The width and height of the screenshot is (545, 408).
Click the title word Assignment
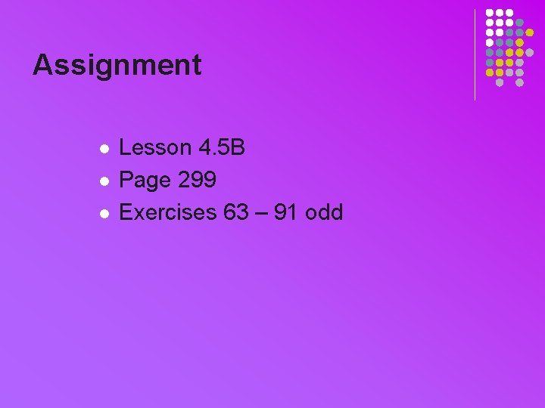pyautogui.click(x=117, y=65)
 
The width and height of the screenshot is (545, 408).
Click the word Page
pyautogui.click(x=145, y=180)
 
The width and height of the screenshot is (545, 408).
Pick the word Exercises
pyautogui.click(x=168, y=212)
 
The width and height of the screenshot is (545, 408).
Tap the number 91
pyautogui.click(x=285, y=212)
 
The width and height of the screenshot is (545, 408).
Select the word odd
pyautogui.click(x=324, y=212)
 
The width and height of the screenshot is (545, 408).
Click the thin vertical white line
pyautogui.click(x=475, y=54)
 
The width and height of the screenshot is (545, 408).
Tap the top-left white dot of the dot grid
pyautogui.click(x=490, y=13)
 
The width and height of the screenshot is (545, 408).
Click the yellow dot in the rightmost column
pyautogui.click(x=529, y=32)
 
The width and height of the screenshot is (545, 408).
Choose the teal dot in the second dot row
pyautogui.click(x=519, y=23)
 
